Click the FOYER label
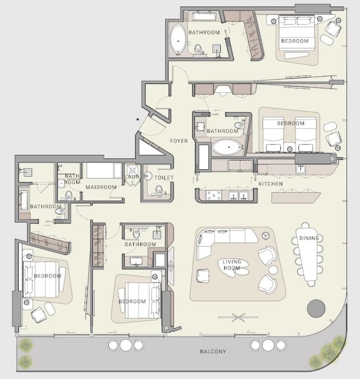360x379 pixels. (179, 141)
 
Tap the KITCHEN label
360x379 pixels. (270, 184)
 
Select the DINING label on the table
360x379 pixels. (309, 238)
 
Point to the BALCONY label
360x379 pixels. (213, 352)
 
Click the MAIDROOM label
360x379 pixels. (101, 187)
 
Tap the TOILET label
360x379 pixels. (164, 177)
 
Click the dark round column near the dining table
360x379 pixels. (316, 308)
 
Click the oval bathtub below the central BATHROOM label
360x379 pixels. (227, 147)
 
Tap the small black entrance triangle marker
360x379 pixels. (138, 119)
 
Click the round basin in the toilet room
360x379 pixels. (147, 176)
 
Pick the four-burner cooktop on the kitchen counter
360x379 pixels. (213, 196)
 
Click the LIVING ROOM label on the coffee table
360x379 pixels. (232, 265)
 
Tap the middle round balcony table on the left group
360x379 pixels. (126, 345)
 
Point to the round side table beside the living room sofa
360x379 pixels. (273, 270)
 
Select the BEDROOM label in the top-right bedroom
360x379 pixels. (295, 41)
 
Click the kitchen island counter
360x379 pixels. (296, 198)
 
